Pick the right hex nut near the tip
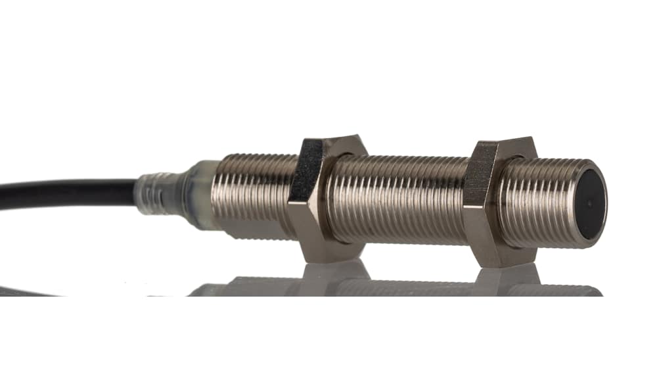pos(497,201)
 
